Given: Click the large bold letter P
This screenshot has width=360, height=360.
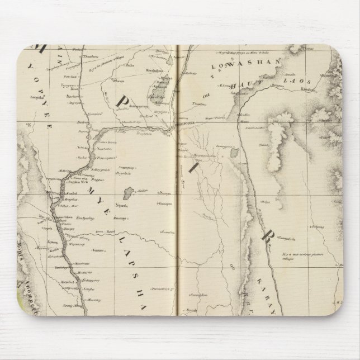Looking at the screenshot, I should tap(121, 101).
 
